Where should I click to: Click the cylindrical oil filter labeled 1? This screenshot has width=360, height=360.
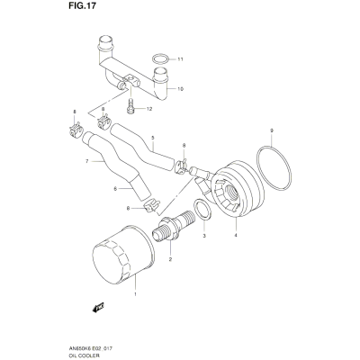point(123,255)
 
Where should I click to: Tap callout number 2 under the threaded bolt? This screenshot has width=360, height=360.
point(170,259)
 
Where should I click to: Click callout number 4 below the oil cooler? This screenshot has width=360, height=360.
point(236,236)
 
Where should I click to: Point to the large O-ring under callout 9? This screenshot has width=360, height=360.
point(274,167)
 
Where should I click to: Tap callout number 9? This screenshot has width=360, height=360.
point(272,130)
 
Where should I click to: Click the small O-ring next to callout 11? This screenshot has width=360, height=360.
point(160,59)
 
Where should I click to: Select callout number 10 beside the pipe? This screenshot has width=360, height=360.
point(180,89)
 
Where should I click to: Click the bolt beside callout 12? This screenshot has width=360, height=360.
point(130,107)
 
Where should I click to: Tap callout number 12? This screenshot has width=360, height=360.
point(149,109)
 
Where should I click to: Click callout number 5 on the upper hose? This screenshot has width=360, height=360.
point(153,138)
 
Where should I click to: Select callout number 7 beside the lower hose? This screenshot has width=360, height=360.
point(86,161)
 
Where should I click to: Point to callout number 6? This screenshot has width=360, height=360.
point(115,189)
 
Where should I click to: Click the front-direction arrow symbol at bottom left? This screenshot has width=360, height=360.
point(98,307)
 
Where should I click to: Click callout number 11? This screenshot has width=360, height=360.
point(180,59)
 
